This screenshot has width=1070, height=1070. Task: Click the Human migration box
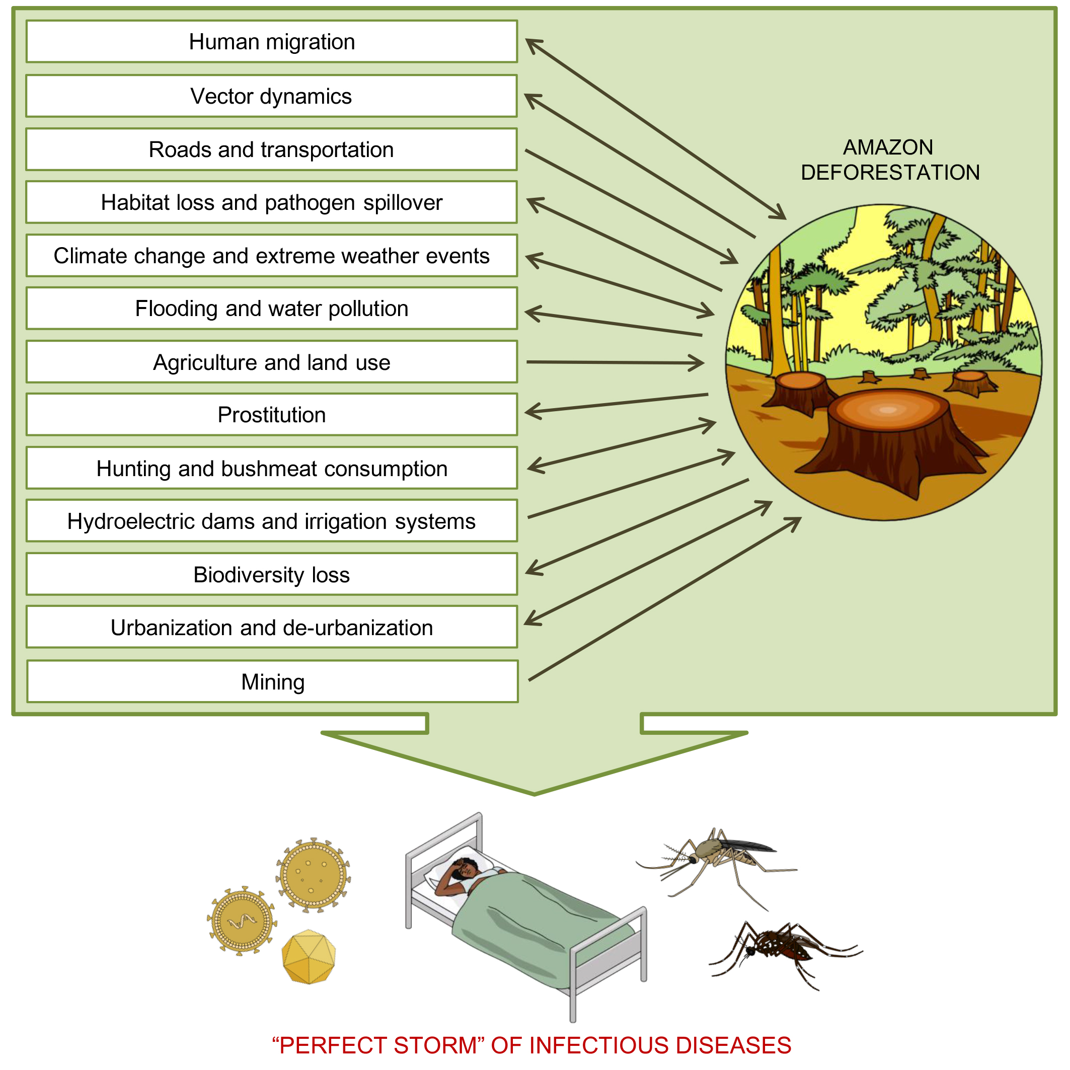tap(271, 42)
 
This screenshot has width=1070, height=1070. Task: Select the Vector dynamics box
tap(271, 96)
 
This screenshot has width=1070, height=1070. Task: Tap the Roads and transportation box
tap(271, 149)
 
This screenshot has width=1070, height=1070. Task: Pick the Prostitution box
tap(271, 415)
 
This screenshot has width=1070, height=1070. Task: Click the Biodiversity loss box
tap(271, 574)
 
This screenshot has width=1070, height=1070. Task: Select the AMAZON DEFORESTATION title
tap(889, 160)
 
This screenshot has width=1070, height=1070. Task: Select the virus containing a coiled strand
tap(242, 922)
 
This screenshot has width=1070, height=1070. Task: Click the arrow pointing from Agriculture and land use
tap(615, 363)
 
